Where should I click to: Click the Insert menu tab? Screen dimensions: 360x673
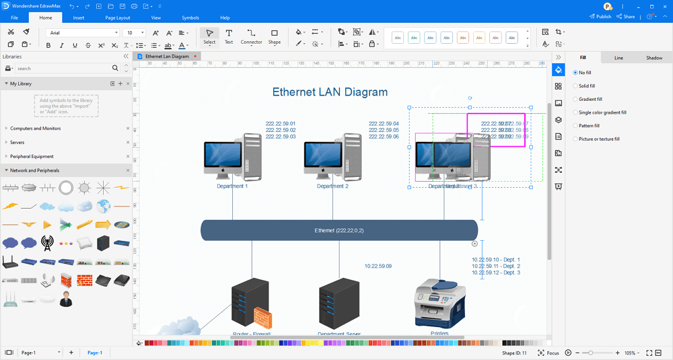click(x=79, y=17)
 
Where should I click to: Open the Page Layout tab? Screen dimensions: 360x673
click(x=118, y=17)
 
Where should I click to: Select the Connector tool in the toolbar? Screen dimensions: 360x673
click(x=251, y=36)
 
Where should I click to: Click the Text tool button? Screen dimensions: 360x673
click(x=229, y=36)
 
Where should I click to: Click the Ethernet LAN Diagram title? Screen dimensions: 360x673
click(x=330, y=92)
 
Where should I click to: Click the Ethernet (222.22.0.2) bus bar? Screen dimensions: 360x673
click(x=339, y=230)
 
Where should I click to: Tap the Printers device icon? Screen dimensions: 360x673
click(x=439, y=303)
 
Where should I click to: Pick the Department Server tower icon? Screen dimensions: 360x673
click(x=339, y=303)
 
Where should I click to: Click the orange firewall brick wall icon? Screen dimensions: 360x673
click(x=262, y=316)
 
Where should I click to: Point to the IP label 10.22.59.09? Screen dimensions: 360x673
click(x=378, y=266)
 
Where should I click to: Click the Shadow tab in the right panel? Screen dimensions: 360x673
click(x=654, y=58)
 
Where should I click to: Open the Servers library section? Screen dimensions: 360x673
click(x=17, y=142)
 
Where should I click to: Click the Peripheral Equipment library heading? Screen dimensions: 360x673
click(x=32, y=156)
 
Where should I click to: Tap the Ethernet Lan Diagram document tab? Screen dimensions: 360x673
click(x=167, y=57)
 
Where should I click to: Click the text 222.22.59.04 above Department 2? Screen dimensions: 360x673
click(x=384, y=124)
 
